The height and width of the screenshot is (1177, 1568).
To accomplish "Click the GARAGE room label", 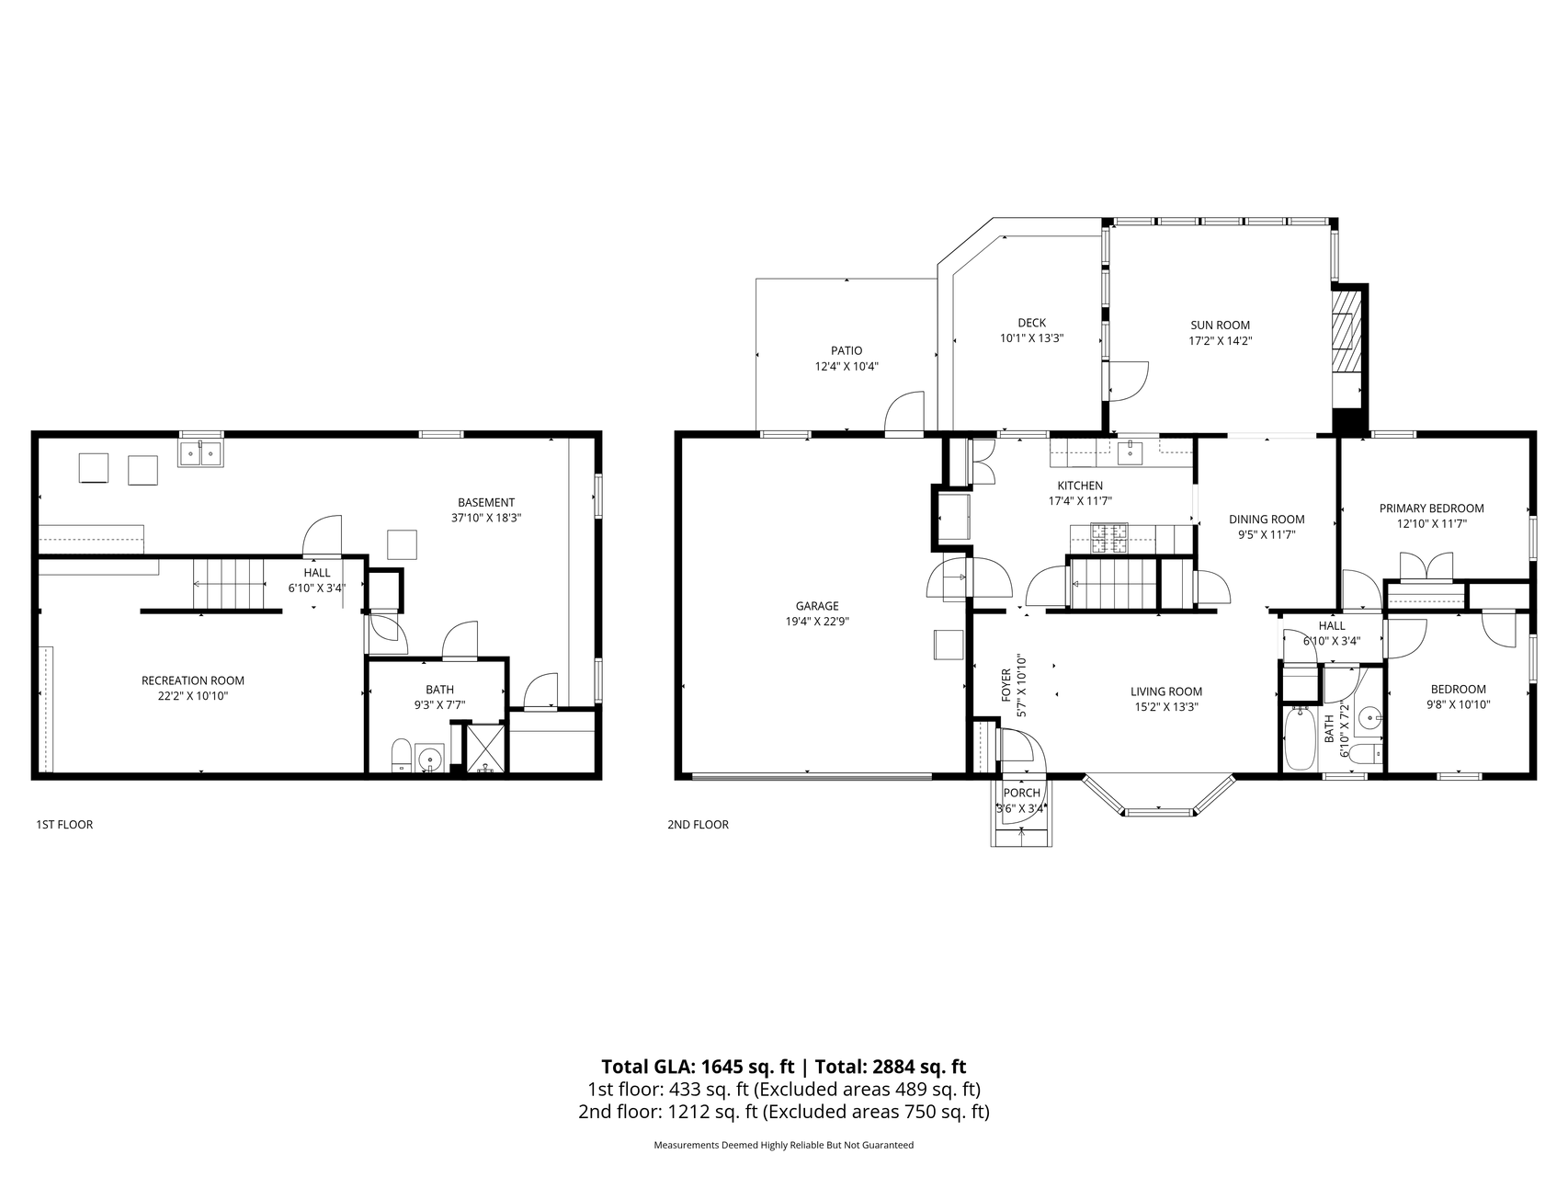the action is [817, 606].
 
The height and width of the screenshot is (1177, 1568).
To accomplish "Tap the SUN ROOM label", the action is [1220, 325].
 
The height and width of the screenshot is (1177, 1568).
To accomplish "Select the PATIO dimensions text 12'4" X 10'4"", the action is [846, 366].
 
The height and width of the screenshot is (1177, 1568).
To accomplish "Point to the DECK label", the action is [1031, 323].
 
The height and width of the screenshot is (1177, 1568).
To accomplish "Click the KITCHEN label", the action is [1080, 486].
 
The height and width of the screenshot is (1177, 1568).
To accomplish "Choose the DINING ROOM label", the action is [1267, 519].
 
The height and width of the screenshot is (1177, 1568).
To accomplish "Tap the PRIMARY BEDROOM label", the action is [1431, 508].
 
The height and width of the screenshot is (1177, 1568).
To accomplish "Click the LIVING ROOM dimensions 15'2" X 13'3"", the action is [1165, 707].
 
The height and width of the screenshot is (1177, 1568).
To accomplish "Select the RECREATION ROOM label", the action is [193, 680].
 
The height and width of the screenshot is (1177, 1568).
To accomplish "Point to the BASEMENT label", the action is [486, 502].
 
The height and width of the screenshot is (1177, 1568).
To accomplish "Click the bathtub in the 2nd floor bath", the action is [1300, 739].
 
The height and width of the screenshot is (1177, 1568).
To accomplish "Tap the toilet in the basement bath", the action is [402, 756].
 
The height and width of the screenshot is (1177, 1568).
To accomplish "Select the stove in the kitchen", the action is [1109, 537].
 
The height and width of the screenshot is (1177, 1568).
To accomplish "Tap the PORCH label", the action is [1021, 793].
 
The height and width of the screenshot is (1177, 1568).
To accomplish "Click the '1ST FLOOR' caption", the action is [64, 825].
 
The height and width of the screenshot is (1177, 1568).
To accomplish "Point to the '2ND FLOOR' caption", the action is [698, 825].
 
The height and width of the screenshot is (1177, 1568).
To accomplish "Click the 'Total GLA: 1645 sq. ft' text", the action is [698, 1067].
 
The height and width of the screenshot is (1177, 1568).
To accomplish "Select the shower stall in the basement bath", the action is [485, 748].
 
